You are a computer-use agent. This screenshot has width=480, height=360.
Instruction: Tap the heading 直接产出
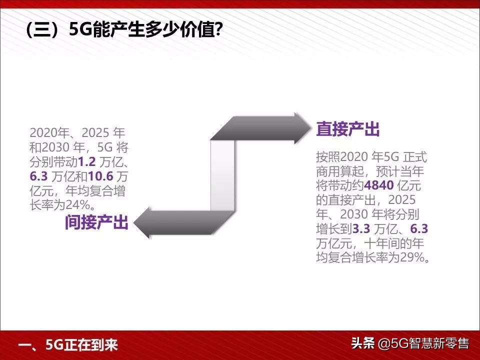(x=347, y=130)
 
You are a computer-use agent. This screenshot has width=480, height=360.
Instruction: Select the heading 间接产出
(x=96, y=222)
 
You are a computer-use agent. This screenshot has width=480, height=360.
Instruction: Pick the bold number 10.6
(x=101, y=176)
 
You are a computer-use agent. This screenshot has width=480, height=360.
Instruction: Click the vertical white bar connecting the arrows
(x=222, y=175)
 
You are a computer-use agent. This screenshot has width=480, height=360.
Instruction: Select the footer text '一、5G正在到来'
(x=67, y=345)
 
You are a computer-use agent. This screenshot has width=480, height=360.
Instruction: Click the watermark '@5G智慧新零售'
(x=423, y=344)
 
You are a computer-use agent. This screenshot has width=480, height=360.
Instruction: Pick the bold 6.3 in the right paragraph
(x=419, y=229)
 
